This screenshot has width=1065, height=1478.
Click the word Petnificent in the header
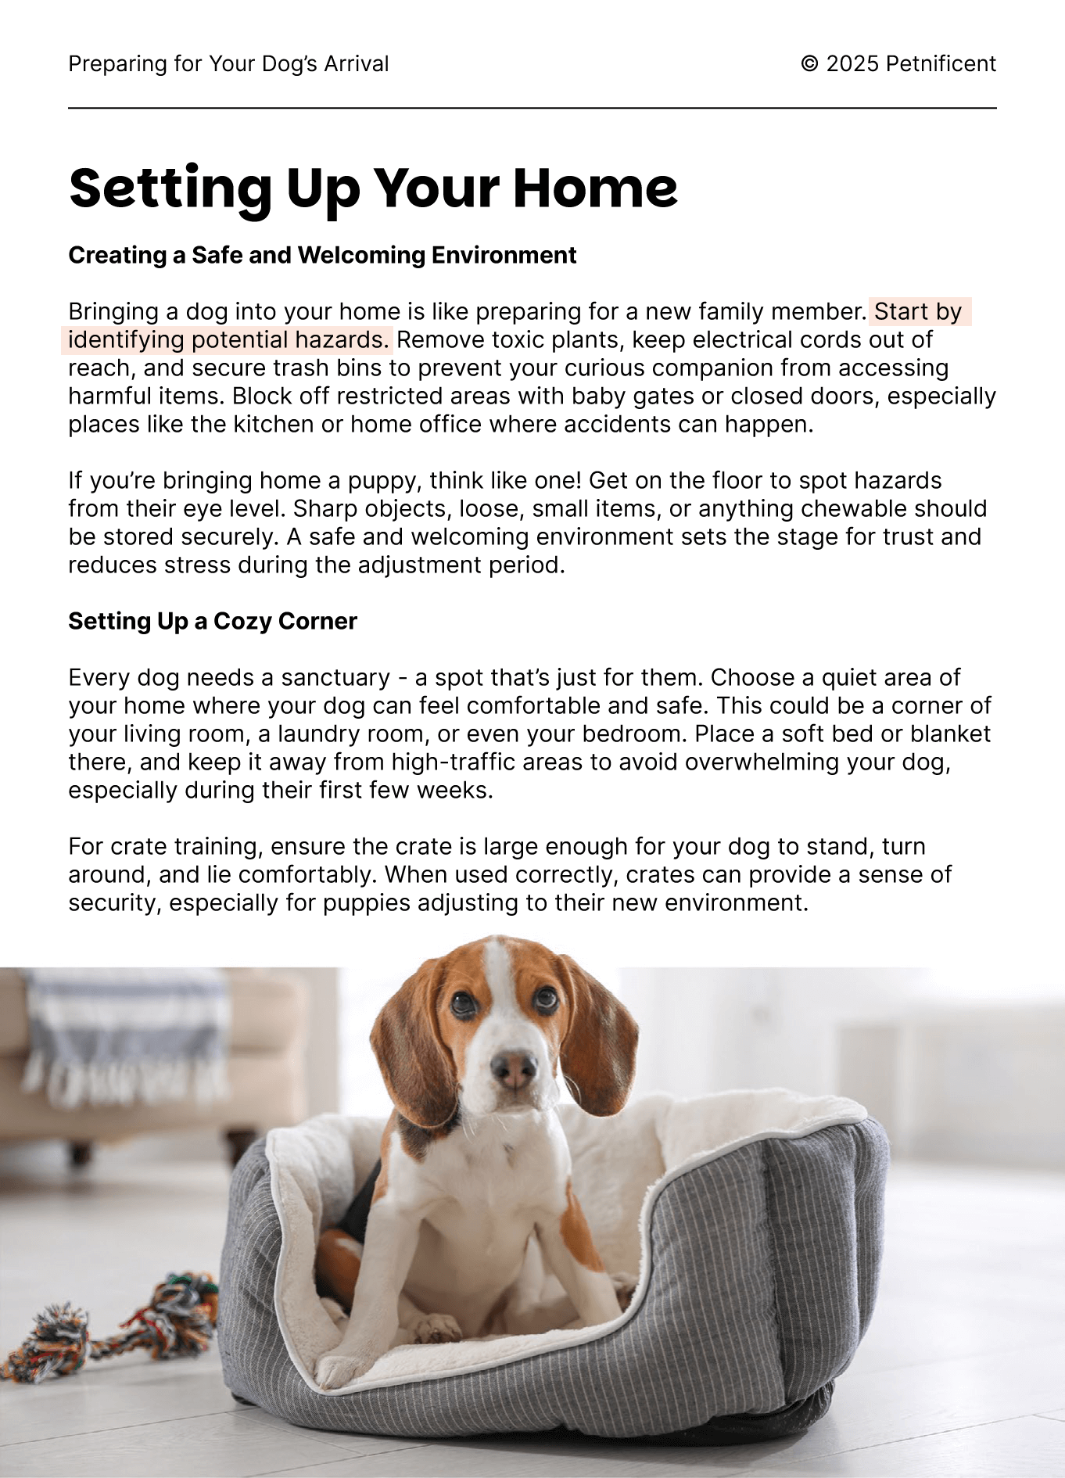[941, 64]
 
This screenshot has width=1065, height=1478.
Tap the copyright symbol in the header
[809, 64]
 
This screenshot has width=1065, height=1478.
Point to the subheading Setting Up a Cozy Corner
[212, 621]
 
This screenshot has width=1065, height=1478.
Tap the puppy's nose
[514, 1067]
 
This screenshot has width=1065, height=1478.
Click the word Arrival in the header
[356, 64]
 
